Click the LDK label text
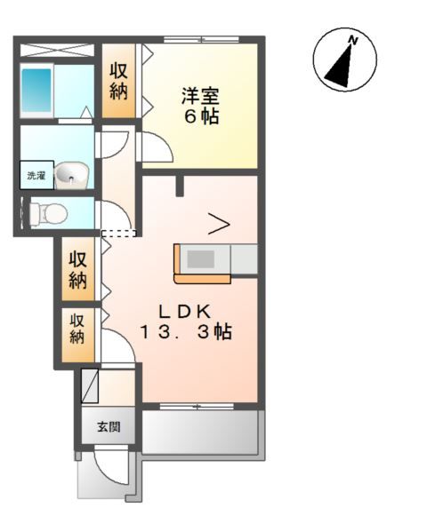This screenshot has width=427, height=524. (x=184, y=311)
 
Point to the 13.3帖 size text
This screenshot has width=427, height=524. (x=185, y=333)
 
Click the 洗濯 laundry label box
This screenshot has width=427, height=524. (x=36, y=176)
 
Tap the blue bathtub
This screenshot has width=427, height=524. (x=38, y=90)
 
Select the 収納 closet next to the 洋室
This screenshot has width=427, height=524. (x=119, y=81)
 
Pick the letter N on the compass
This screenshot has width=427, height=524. (x=353, y=41)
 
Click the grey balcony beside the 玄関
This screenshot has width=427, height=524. (x=199, y=432)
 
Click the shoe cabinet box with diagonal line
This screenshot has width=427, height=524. (x=91, y=386)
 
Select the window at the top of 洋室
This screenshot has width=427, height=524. (x=201, y=40)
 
